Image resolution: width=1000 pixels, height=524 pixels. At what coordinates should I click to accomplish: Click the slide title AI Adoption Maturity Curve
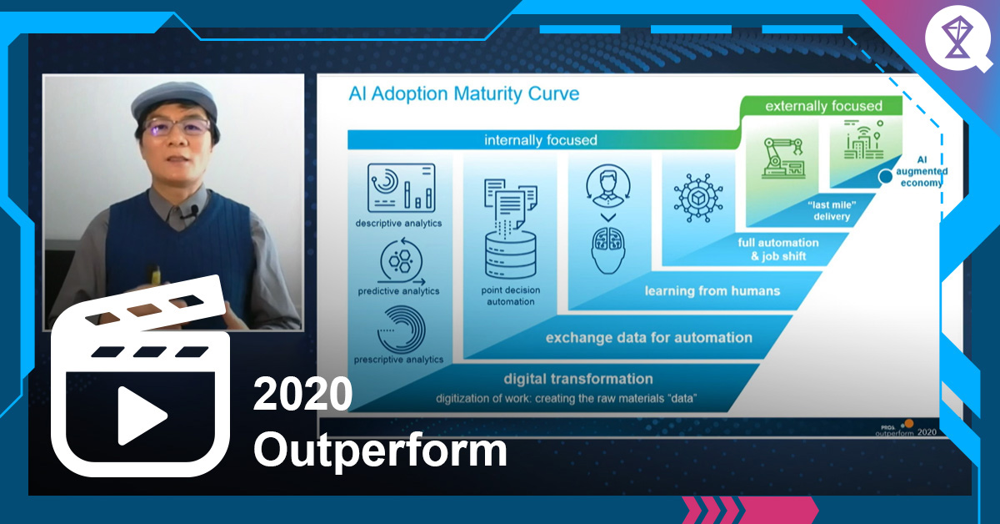463,93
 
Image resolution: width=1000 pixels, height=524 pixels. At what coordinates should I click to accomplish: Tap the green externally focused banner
823,106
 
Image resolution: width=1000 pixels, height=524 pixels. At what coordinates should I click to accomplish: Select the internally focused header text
541,140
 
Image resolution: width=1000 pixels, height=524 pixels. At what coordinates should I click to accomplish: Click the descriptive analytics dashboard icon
401,188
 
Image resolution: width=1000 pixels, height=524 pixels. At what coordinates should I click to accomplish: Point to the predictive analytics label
398,291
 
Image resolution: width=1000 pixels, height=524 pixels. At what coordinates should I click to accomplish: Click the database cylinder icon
510,253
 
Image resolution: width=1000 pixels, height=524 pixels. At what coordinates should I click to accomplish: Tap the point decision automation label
510,295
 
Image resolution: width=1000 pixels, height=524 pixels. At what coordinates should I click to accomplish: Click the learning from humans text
712,291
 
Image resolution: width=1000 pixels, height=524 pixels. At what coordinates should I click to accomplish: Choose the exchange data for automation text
648,338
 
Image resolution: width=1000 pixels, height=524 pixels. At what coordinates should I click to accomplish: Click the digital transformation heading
577,379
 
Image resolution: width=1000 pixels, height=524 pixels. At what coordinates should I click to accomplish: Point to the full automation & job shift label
778,249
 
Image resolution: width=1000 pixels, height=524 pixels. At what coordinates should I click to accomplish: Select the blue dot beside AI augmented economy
885,177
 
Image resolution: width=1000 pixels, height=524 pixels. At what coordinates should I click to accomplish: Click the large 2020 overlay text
302,394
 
